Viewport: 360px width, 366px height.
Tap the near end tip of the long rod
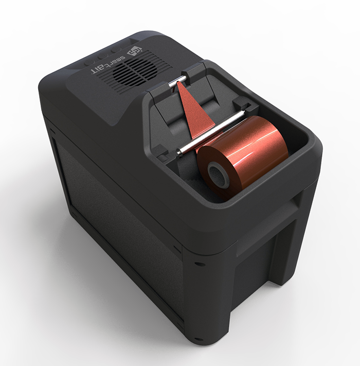(179, 150)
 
